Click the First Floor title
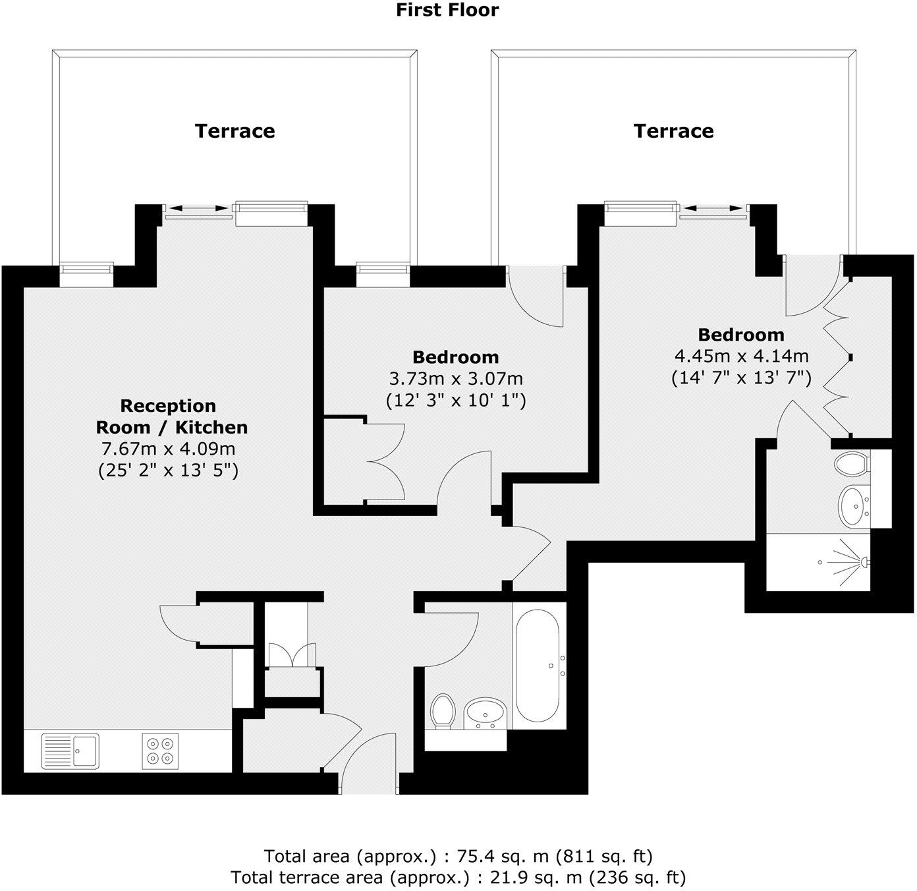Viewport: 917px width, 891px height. (447, 10)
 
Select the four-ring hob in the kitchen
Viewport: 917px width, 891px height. (160, 751)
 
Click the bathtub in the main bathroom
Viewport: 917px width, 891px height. (539, 666)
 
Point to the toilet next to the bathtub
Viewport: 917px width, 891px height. (443, 712)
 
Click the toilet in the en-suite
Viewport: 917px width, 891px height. (851, 463)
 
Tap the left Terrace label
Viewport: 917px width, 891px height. (235, 130)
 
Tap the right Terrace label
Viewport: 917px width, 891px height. (673, 130)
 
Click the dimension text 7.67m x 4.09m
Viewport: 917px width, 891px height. (168, 449)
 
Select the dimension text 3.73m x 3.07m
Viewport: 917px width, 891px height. (456, 379)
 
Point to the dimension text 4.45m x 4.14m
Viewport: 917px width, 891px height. (741, 357)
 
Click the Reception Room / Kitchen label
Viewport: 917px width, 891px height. (172, 417)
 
